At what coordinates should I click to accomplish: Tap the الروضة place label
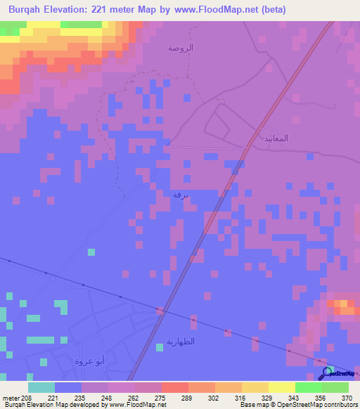pyautogui.click(x=181, y=48)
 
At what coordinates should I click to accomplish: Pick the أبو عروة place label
pyautogui.click(x=90, y=361)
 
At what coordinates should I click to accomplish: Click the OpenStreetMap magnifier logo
pyautogui.click(x=327, y=372)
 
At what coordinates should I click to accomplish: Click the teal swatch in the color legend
pyautogui.click(x=41, y=387)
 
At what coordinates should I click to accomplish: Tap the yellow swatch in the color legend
pyautogui.click(x=282, y=387)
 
